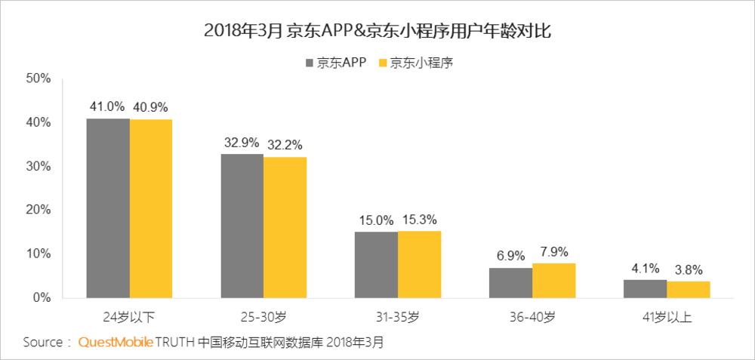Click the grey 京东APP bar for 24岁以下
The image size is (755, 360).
point(107,208)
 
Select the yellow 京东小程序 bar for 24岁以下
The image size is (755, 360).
point(150,208)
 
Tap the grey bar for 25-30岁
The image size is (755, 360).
point(242,226)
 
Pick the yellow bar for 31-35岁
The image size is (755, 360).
point(419,264)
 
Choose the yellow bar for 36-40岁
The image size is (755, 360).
point(553,280)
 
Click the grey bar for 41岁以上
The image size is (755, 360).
point(646,288)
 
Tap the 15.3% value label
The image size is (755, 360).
point(419,219)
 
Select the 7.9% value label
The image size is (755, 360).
point(553,251)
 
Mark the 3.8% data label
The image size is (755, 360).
point(689,269)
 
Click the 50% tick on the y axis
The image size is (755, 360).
point(38,78)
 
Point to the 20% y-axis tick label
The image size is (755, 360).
point(38,210)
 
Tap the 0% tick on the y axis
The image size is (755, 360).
point(41,297)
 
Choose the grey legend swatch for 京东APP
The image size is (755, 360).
point(308,63)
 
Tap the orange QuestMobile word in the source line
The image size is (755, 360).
point(116,343)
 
